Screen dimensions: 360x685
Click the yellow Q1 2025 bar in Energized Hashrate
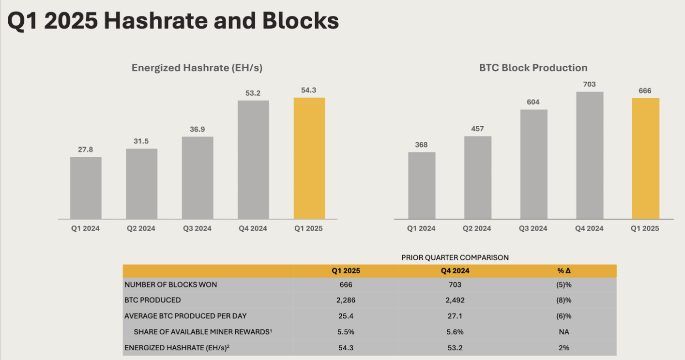(309, 158)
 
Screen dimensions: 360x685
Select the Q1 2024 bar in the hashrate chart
(86, 188)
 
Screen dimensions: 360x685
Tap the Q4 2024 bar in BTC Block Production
(590, 155)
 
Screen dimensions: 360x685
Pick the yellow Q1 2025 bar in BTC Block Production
(645, 158)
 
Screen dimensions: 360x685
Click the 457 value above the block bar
(477, 129)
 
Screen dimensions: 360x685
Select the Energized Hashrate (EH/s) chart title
(197, 68)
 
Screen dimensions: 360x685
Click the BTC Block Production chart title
(533, 68)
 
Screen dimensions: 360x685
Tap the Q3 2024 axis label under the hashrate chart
(198, 228)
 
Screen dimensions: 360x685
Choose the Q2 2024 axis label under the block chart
(477, 228)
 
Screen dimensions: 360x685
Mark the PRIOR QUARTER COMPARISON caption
(455, 257)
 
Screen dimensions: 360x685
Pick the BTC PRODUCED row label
(152, 300)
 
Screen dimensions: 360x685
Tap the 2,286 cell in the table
(346, 300)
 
